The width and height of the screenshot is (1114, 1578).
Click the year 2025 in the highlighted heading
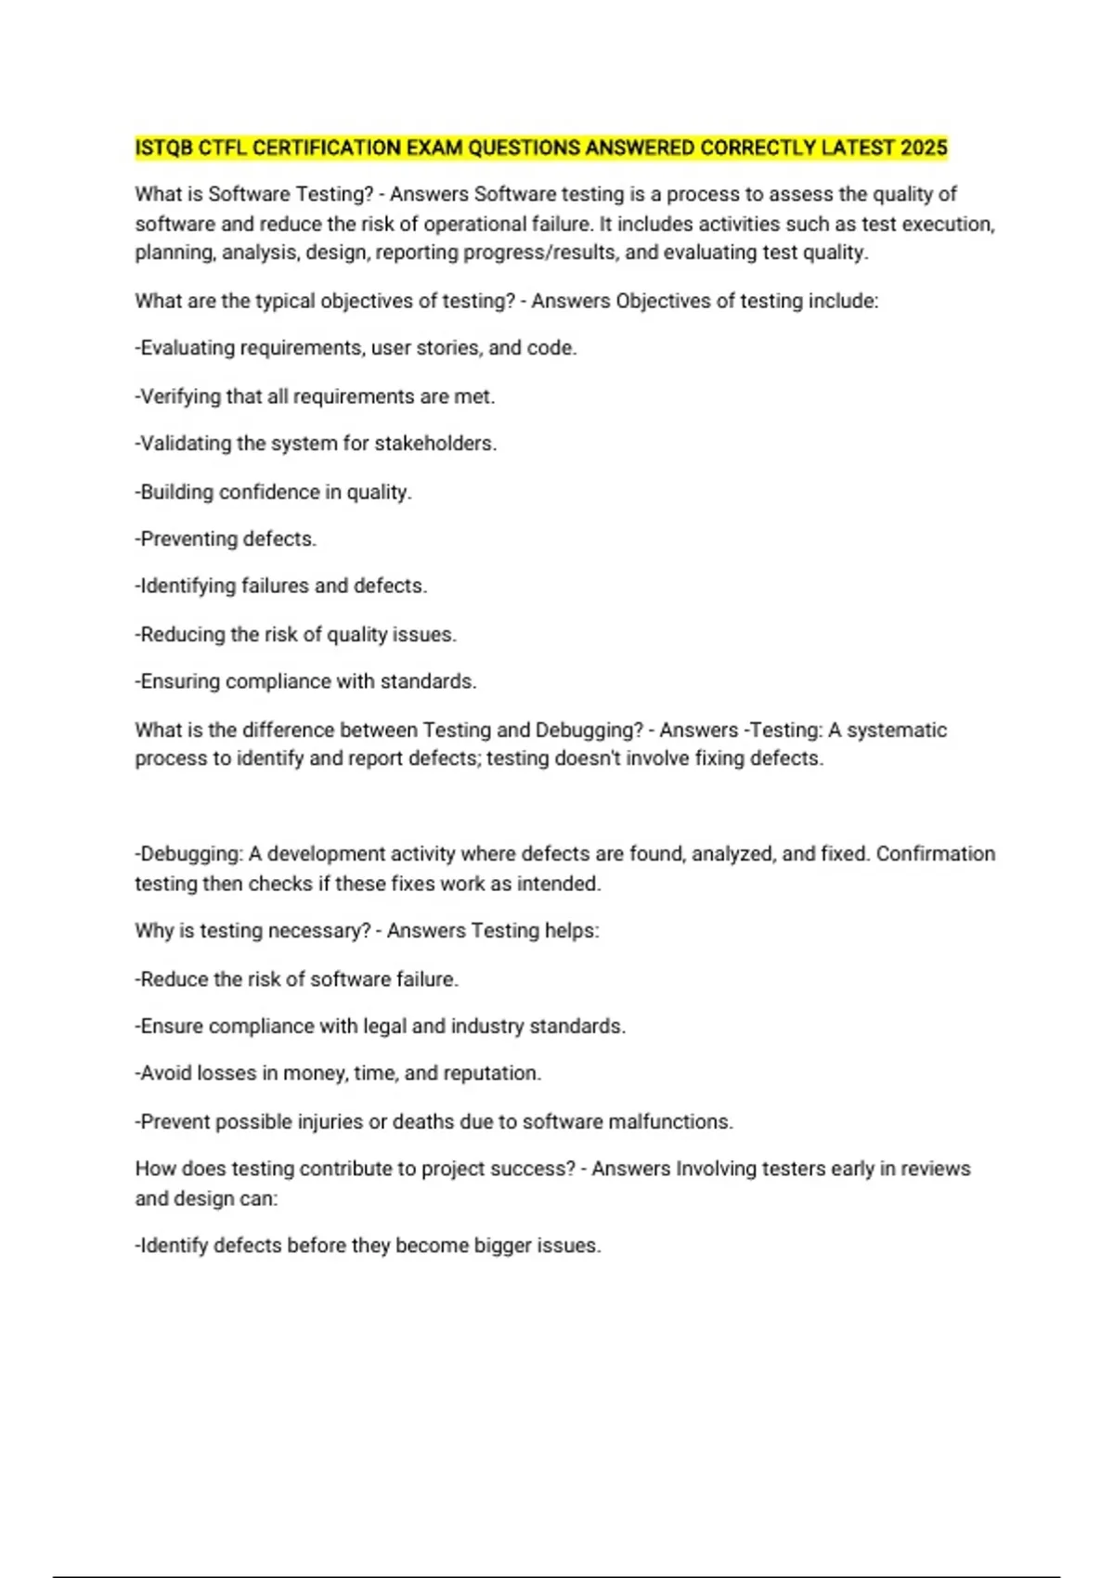point(923,149)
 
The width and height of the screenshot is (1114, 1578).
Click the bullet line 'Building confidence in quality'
point(273,492)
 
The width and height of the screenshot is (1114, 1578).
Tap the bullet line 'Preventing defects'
point(226,539)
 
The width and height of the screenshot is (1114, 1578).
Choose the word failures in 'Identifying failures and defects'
point(275,587)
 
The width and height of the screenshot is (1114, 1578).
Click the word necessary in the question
point(318,931)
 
